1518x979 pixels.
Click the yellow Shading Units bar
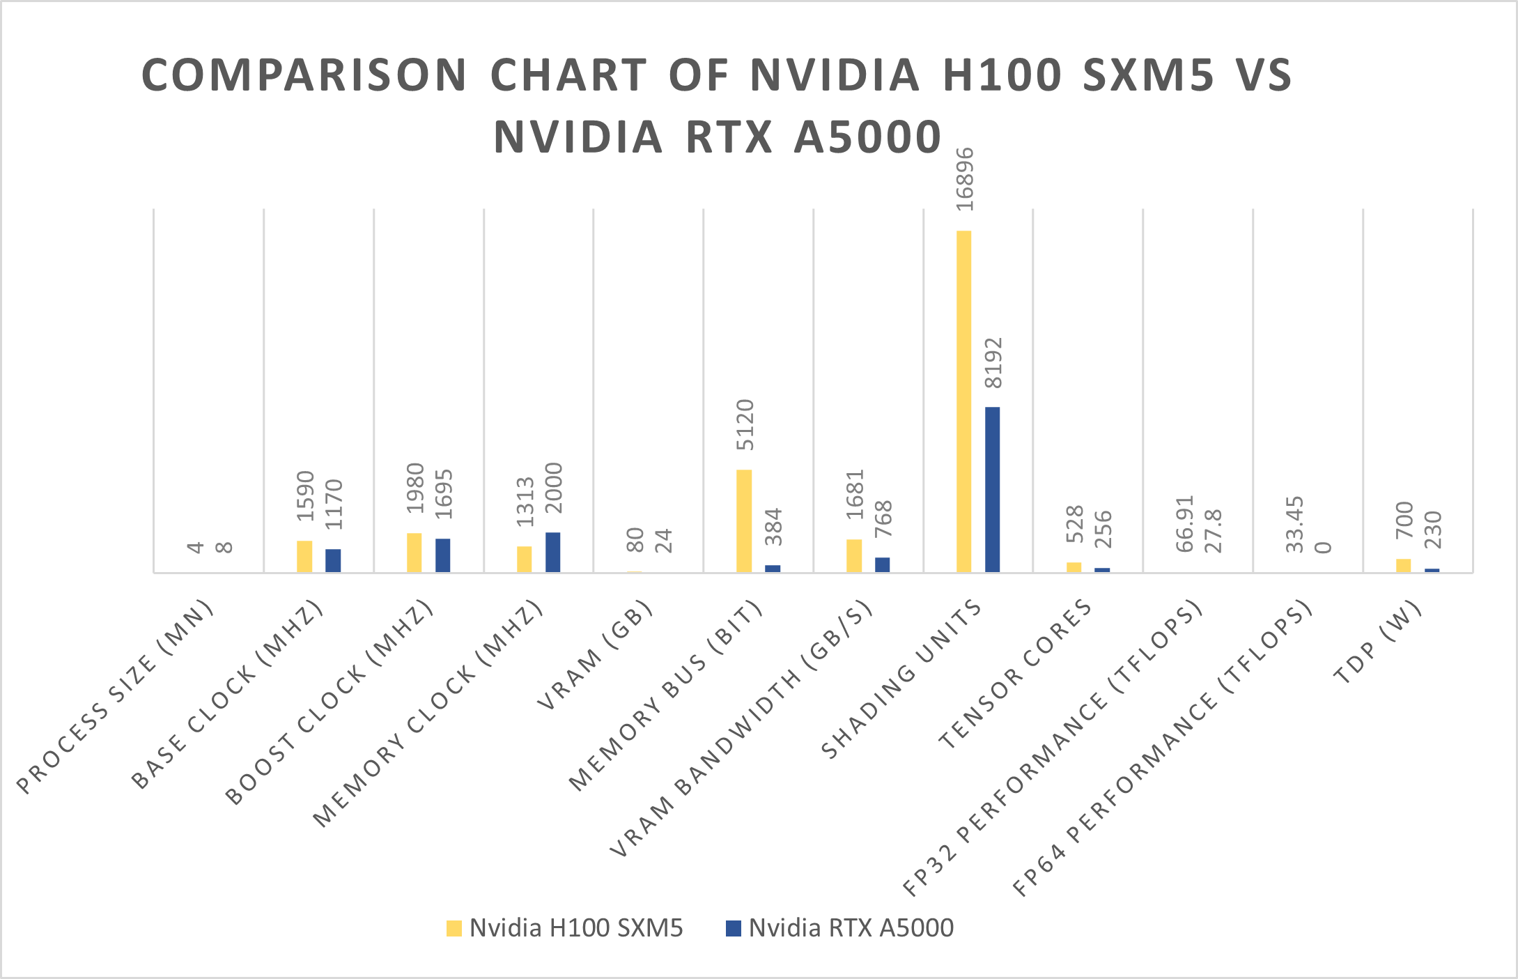point(963,401)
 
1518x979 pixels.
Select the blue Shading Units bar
point(992,489)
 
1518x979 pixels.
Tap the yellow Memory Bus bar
point(744,521)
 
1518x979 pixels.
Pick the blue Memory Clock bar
point(552,552)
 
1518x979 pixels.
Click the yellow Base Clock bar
point(304,556)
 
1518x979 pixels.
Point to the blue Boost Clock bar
point(442,555)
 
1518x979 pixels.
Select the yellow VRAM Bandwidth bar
point(854,555)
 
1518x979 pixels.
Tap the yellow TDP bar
point(1403,565)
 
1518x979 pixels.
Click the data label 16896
point(965,179)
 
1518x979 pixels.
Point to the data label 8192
point(993,362)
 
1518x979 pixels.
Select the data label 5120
point(745,424)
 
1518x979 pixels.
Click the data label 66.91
point(1185,523)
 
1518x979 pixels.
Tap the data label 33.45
point(1294,524)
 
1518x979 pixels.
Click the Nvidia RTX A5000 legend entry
point(840,928)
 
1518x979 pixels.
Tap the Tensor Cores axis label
point(1016,674)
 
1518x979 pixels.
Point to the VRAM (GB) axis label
point(596,654)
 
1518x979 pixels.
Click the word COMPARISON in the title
point(304,75)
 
